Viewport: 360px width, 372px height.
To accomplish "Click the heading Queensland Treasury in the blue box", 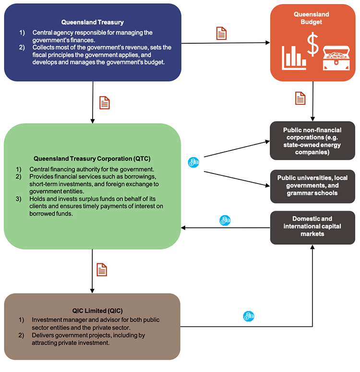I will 92,22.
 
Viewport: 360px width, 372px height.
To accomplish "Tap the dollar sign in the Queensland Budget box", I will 312,44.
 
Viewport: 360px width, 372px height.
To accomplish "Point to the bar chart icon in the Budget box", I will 294,57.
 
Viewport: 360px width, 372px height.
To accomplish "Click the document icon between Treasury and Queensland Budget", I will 221,33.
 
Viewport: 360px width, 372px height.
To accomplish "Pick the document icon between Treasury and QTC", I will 104,102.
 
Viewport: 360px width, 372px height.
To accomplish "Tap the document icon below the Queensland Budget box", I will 300,98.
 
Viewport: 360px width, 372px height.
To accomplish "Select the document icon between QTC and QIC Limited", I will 102,270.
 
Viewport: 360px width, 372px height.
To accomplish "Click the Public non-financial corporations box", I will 312,140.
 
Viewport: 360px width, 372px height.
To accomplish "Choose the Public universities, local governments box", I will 312,186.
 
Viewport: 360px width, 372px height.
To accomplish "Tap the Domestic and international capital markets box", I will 312,227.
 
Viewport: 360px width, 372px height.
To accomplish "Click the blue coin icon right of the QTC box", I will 193,162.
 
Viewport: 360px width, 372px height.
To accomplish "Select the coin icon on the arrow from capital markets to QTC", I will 225,221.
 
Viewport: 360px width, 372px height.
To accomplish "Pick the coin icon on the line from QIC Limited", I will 249,316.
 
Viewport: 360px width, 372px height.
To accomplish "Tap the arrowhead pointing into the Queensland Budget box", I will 267,43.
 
